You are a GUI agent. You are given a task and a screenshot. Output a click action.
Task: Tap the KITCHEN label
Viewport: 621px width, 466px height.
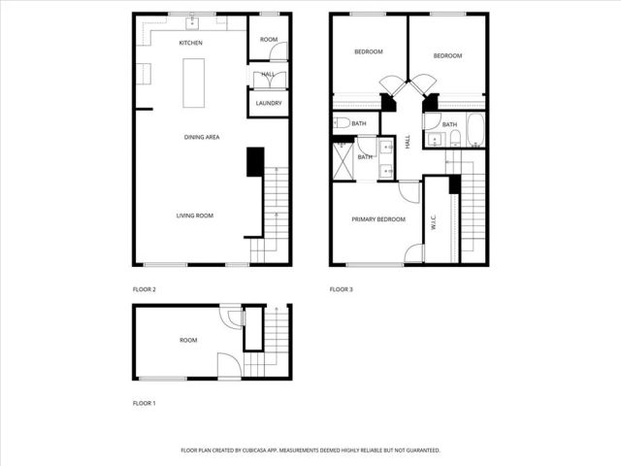(191, 44)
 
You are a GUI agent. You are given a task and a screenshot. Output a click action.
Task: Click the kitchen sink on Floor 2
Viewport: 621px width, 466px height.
(191, 20)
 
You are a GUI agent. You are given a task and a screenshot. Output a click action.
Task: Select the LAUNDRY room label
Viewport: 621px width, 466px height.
(269, 103)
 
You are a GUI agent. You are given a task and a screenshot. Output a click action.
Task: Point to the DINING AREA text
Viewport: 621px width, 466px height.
(202, 138)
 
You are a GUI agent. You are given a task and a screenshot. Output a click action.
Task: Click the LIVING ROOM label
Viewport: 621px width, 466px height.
(194, 216)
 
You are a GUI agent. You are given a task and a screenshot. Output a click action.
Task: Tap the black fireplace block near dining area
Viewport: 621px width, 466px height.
(255, 161)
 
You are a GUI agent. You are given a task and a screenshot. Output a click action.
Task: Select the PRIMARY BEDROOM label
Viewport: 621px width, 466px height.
(378, 219)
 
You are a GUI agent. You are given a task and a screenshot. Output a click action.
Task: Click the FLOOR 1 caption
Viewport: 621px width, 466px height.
(144, 402)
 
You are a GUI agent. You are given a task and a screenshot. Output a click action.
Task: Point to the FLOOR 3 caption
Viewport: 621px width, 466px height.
(341, 289)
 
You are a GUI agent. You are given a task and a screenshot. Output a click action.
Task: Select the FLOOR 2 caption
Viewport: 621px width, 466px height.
(144, 289)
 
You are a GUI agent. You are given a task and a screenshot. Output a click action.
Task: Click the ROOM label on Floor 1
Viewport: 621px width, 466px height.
(188, 341)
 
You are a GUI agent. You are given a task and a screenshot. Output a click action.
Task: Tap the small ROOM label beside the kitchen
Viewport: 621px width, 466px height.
(268, 40)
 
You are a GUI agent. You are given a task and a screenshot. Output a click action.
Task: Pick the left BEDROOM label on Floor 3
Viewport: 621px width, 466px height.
(368, 52)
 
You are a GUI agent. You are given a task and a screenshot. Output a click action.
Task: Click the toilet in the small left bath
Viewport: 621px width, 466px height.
(342, 123)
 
